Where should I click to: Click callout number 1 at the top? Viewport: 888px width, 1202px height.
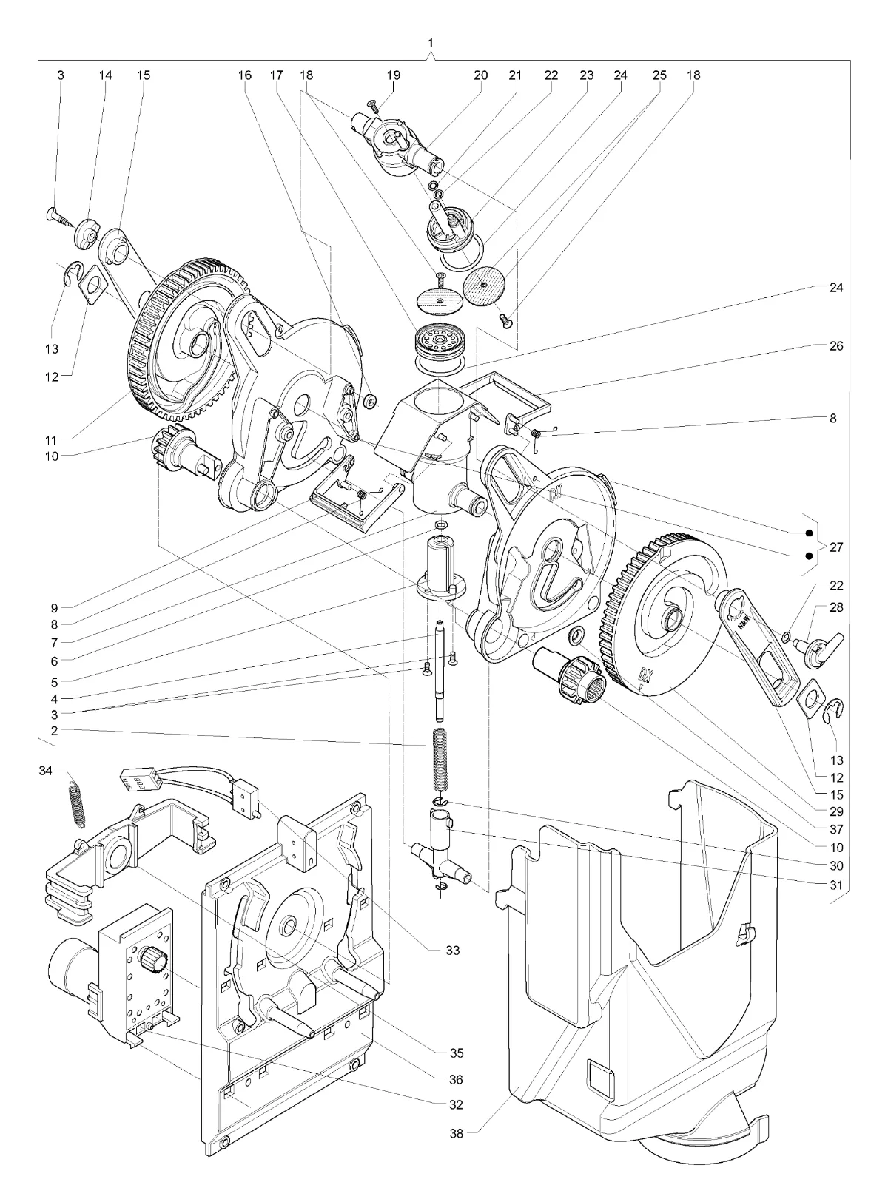(431, 42)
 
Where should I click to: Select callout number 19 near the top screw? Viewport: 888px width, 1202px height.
(394, 75)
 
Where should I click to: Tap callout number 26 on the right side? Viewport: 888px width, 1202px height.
(836, 345)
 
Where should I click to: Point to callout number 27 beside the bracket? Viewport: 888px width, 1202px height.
(836, 547)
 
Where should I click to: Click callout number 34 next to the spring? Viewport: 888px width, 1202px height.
(46, 770)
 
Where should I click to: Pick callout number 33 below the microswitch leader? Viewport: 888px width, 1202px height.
(453, 950)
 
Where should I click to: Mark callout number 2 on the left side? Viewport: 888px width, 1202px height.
(54, 731)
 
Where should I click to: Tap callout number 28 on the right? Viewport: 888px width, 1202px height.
(836, 607)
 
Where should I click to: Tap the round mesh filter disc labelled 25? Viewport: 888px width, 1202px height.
(483, 287)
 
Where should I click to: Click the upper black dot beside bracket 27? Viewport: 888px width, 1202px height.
(809, 533)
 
